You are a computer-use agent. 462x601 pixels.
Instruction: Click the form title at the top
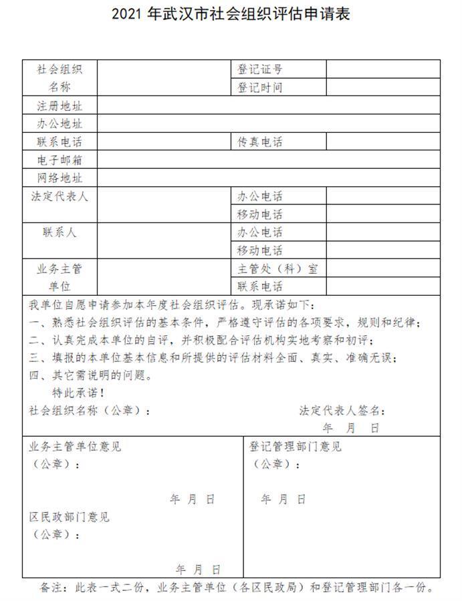click(x=231, y=14)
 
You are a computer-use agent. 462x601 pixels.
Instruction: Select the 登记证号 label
click(x=260, y=69)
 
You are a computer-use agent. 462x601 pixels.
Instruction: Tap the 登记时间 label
click(x=260, y=87)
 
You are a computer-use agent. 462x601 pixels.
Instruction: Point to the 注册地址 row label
click(x=60, y=106)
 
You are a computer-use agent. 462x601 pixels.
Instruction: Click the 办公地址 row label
click(x=60, y=124)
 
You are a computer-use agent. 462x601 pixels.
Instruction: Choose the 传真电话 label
click(x=260, y=142)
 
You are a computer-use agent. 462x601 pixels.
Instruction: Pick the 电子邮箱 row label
click(x=60, y=160)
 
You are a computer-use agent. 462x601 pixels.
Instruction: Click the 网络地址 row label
click(x=60, y=178)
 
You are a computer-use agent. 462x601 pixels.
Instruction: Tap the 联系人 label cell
click(x=60, y=232)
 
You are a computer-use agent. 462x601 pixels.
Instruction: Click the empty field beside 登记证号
click(x=383, y=69)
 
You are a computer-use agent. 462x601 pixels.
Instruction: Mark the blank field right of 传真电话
click(x=383, y=142)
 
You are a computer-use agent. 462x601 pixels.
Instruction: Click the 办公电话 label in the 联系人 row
click(x=260, y=232)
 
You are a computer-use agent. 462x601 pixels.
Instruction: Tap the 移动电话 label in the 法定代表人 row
click(x=260, y=214)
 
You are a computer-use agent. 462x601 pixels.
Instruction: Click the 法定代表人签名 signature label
click(x=342, y=410)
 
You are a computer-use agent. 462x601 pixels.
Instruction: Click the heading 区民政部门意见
click(x=70, y=517)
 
